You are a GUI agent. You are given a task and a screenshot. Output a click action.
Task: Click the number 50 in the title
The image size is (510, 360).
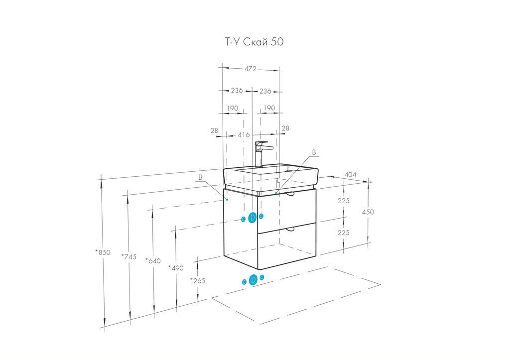coord(277,42)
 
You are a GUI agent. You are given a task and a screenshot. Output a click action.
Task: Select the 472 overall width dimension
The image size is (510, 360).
coord(251,69)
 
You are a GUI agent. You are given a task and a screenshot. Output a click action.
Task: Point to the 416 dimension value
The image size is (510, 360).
coord(244,134)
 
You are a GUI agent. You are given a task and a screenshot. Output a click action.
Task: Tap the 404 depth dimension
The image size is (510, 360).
coord(351,175)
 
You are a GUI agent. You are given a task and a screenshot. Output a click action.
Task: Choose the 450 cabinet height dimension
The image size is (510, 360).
coord(368,212)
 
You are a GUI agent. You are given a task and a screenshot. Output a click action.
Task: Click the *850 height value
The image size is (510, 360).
coord(103,252)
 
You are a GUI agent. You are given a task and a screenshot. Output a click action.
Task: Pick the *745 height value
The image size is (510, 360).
coord(128,256)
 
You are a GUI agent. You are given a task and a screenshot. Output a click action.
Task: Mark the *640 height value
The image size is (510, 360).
coord(153,260)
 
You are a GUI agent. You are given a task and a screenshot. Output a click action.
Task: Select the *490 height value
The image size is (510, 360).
coord(176,268)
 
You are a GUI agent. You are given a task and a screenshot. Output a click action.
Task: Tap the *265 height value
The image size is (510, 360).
coord(197,280)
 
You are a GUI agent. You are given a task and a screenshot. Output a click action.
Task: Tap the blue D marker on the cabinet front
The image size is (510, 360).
coord(252,218)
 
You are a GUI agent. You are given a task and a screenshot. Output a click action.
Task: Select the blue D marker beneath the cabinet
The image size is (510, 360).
coord(253,280)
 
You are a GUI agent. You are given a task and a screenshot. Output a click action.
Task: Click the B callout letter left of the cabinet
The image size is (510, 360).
coord(200,177)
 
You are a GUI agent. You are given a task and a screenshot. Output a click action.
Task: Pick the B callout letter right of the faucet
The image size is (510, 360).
coord(314,152)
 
